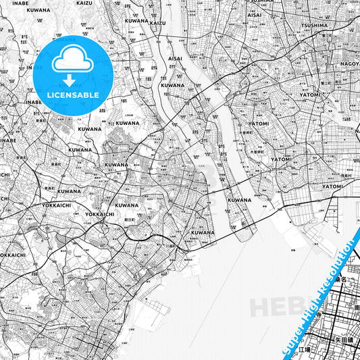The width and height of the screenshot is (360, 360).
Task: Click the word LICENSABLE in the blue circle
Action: point(73,95)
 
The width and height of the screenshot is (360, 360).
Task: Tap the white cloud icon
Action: point(73,62)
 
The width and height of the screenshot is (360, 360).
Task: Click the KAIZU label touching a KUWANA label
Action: point(157,23)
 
